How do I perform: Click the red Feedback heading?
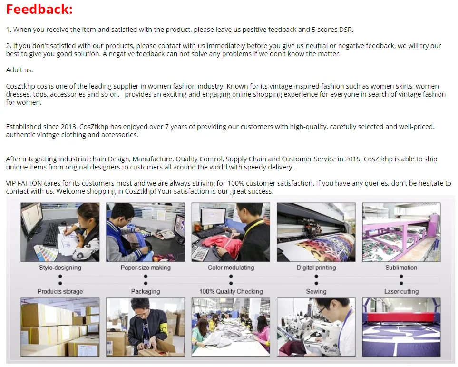pos(39,9)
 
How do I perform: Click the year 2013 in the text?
pos(68,127)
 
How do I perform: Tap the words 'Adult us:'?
pos(19,70)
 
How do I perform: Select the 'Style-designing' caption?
pos(60,268)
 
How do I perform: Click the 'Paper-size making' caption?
pos(146,268)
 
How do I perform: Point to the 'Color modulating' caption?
pos(231,268)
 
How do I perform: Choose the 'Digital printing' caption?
pos(316,268)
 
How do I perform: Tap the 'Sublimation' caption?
pos(401,268)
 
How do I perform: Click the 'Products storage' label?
pos(60,291)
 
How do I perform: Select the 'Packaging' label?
pos(146,291)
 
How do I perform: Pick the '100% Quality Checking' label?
pos(231,291)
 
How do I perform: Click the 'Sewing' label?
pos(316,291)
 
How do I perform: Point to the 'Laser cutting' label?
pos(401,291)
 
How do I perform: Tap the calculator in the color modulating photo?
pos(200,253)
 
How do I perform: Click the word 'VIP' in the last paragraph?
pos(11,183)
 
